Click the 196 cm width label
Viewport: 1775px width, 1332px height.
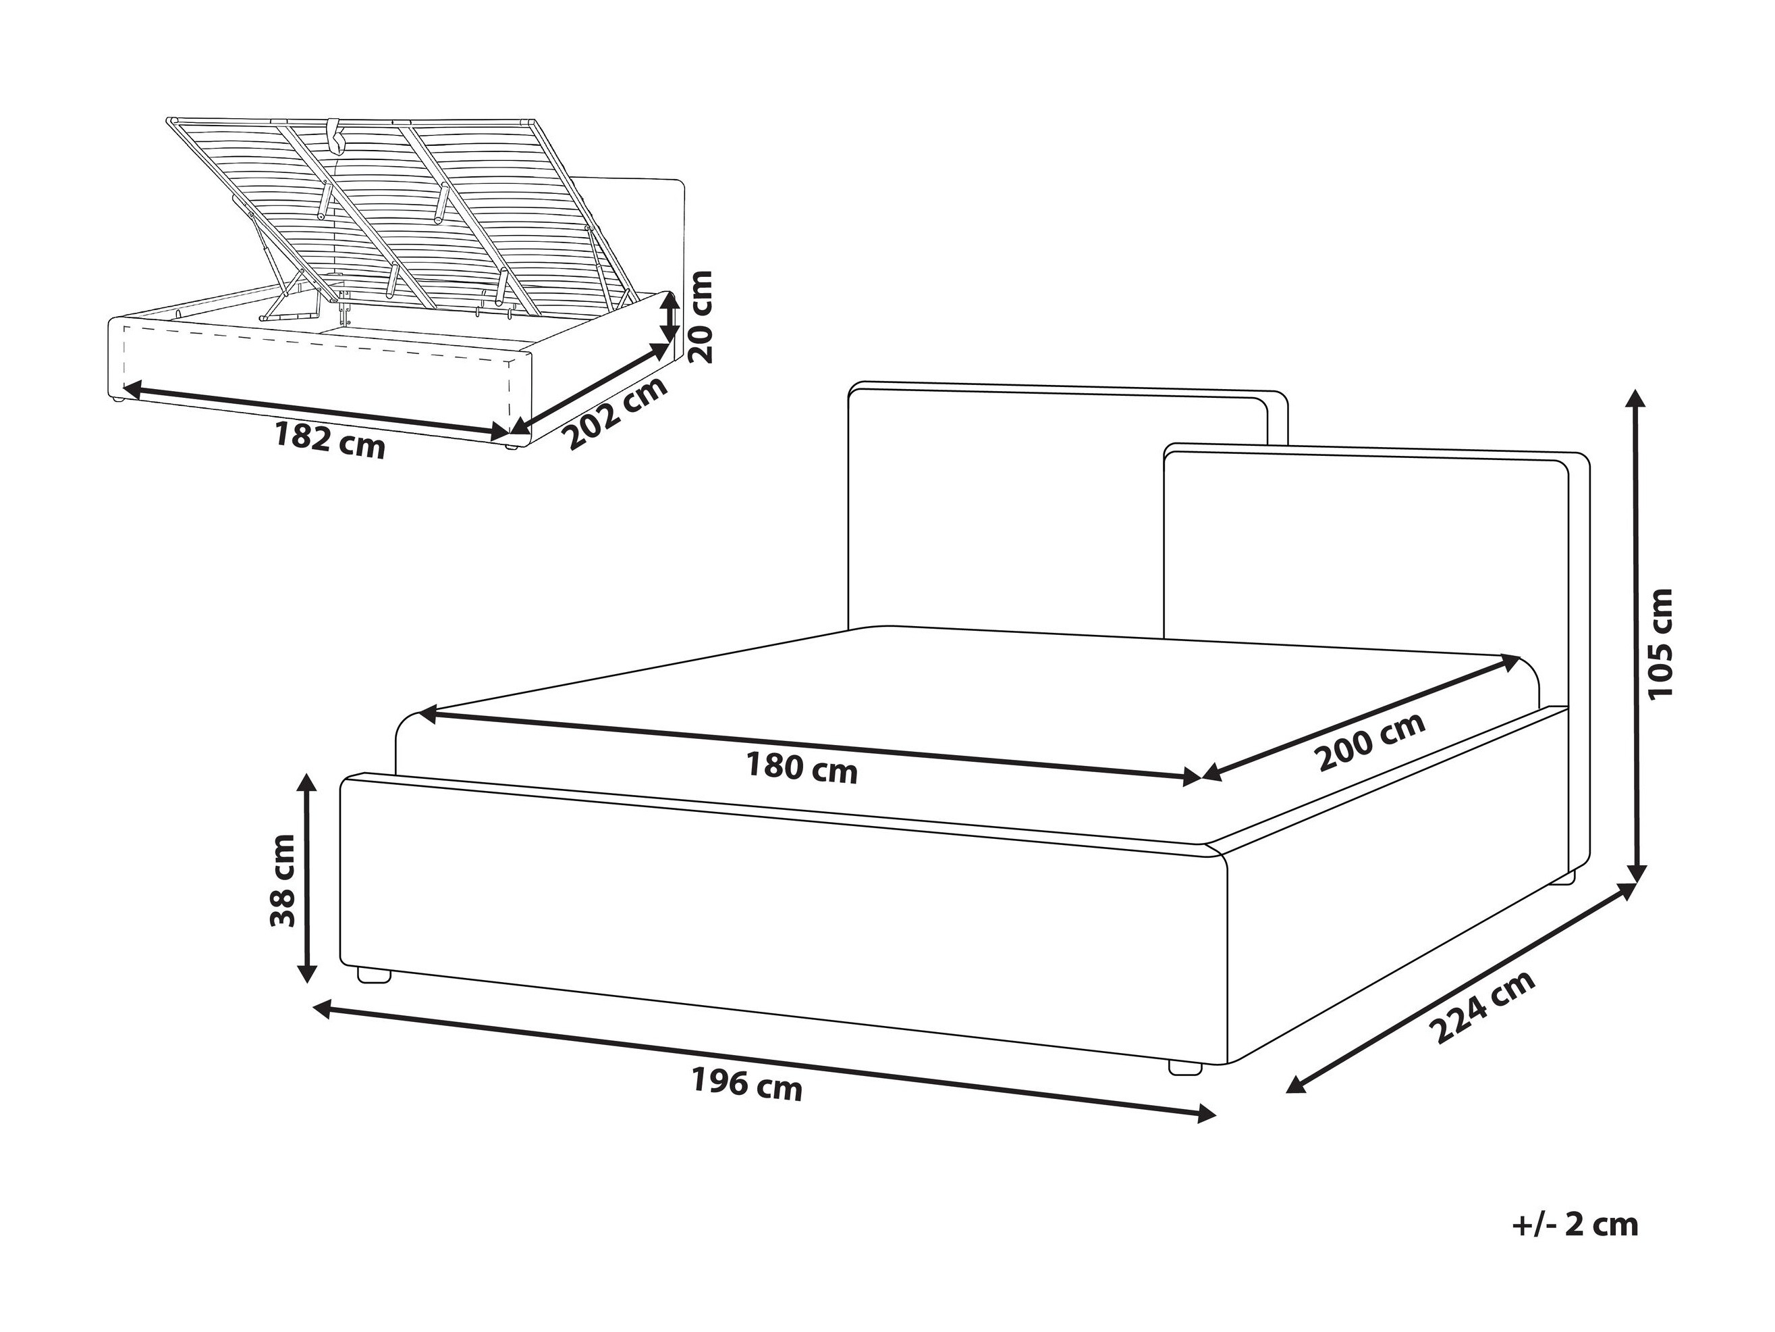pyautogui.click(x=746, y=1086)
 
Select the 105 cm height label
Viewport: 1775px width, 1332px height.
pyautogui.click(x=1660, y=642)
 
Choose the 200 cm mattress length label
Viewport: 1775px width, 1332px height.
pyautogui.click(x=1371, y=740)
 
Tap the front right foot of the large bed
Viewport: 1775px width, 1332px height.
pyautogui.click(x=1185, y=1067)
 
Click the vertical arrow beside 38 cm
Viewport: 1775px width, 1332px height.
pyautogui.click(x=305, y=877)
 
